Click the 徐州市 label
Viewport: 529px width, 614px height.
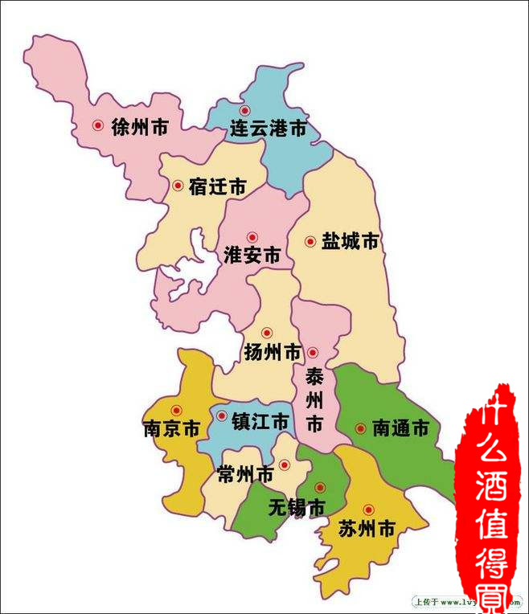point(140,127)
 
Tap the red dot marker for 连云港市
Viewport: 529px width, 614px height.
point(245,110)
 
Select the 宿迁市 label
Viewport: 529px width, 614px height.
point(217,187)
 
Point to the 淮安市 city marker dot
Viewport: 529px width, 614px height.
point(252,238)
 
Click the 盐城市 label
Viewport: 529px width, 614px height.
point(350,241)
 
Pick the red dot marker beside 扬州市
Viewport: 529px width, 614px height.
point(267,333)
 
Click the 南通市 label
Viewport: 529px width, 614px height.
point(400,428)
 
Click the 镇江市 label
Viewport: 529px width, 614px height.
point(260,421)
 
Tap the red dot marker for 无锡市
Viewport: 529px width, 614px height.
point(320,488)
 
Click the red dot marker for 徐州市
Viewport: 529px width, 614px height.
point(98,125)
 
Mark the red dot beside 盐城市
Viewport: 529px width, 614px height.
point(310,241)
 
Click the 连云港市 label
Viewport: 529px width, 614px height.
point(268,129)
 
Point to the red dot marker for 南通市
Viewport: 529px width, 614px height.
point(360,428)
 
